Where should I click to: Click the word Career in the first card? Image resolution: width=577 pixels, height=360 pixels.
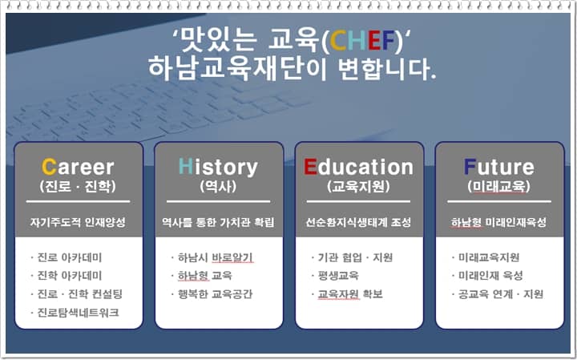pyautogui.click(x=78, y=168)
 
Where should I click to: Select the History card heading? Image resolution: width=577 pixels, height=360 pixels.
pyautogui.click(x=218, y=168)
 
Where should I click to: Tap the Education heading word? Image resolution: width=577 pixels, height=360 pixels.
pyautogui.click(x=358, y=168)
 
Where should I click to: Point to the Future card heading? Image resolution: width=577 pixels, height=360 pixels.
pyautogui.click(x=499, y=168)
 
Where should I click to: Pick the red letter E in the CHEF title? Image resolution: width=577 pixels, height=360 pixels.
pyautogui.click(x=374, y=41)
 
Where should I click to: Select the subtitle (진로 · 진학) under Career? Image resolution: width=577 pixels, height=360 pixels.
pyautogui.click(x=78, y=187)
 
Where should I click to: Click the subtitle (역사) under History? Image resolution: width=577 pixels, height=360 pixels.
pyautogui.click(x=218, y=187)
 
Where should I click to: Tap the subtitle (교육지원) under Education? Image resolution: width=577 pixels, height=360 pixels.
pyautogui.click(x=358, y=187)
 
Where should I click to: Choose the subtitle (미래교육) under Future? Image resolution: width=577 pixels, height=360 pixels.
pyautogui.click(x=499, y=187)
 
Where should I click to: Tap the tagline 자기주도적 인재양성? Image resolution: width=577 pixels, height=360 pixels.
pyautogui.click(x=78, y=222)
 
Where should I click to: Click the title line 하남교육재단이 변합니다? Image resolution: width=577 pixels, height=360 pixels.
pyautogui.click(x=293, y=69)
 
